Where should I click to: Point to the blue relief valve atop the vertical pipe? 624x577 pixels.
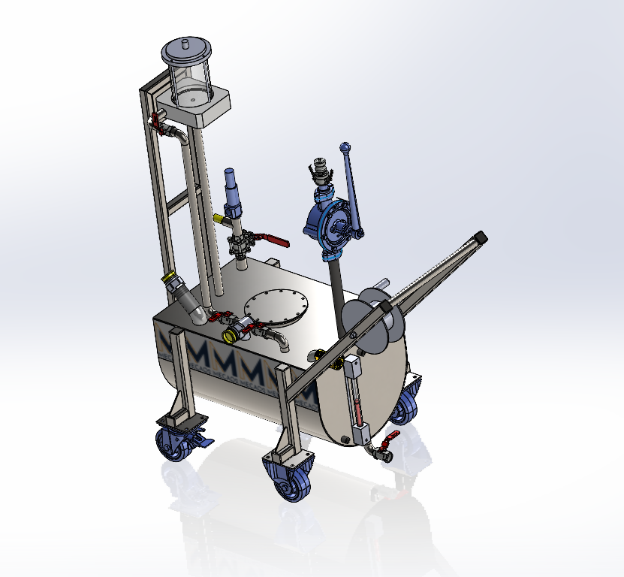pos(233,192)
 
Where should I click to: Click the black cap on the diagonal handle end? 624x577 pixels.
pos(481,237)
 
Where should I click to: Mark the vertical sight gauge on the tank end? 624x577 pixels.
pos(357,398)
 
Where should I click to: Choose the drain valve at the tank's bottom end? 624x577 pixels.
pos(381,450)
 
